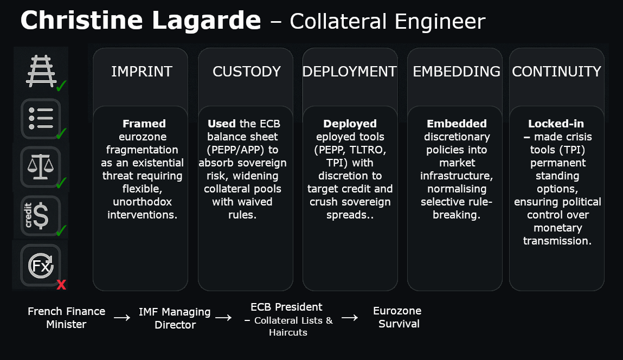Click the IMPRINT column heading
(142, 72)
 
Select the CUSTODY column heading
(246, 72)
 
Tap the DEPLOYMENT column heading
(350, 72)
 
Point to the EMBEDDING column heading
(457, 72)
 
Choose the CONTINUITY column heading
(556, 72)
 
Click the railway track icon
(41, 70)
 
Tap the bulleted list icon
(41, 118)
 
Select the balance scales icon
(41, 167)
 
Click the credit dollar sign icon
(41, 216)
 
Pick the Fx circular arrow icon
(41, 265)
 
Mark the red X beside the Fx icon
(61, 285)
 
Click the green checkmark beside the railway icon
(61, 86)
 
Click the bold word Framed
(144, 124)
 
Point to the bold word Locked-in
(556, 124)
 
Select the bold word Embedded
(457, 124)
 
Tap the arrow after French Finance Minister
(122, 318)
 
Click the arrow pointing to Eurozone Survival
(350, 318)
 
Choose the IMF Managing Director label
(175, 318)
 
